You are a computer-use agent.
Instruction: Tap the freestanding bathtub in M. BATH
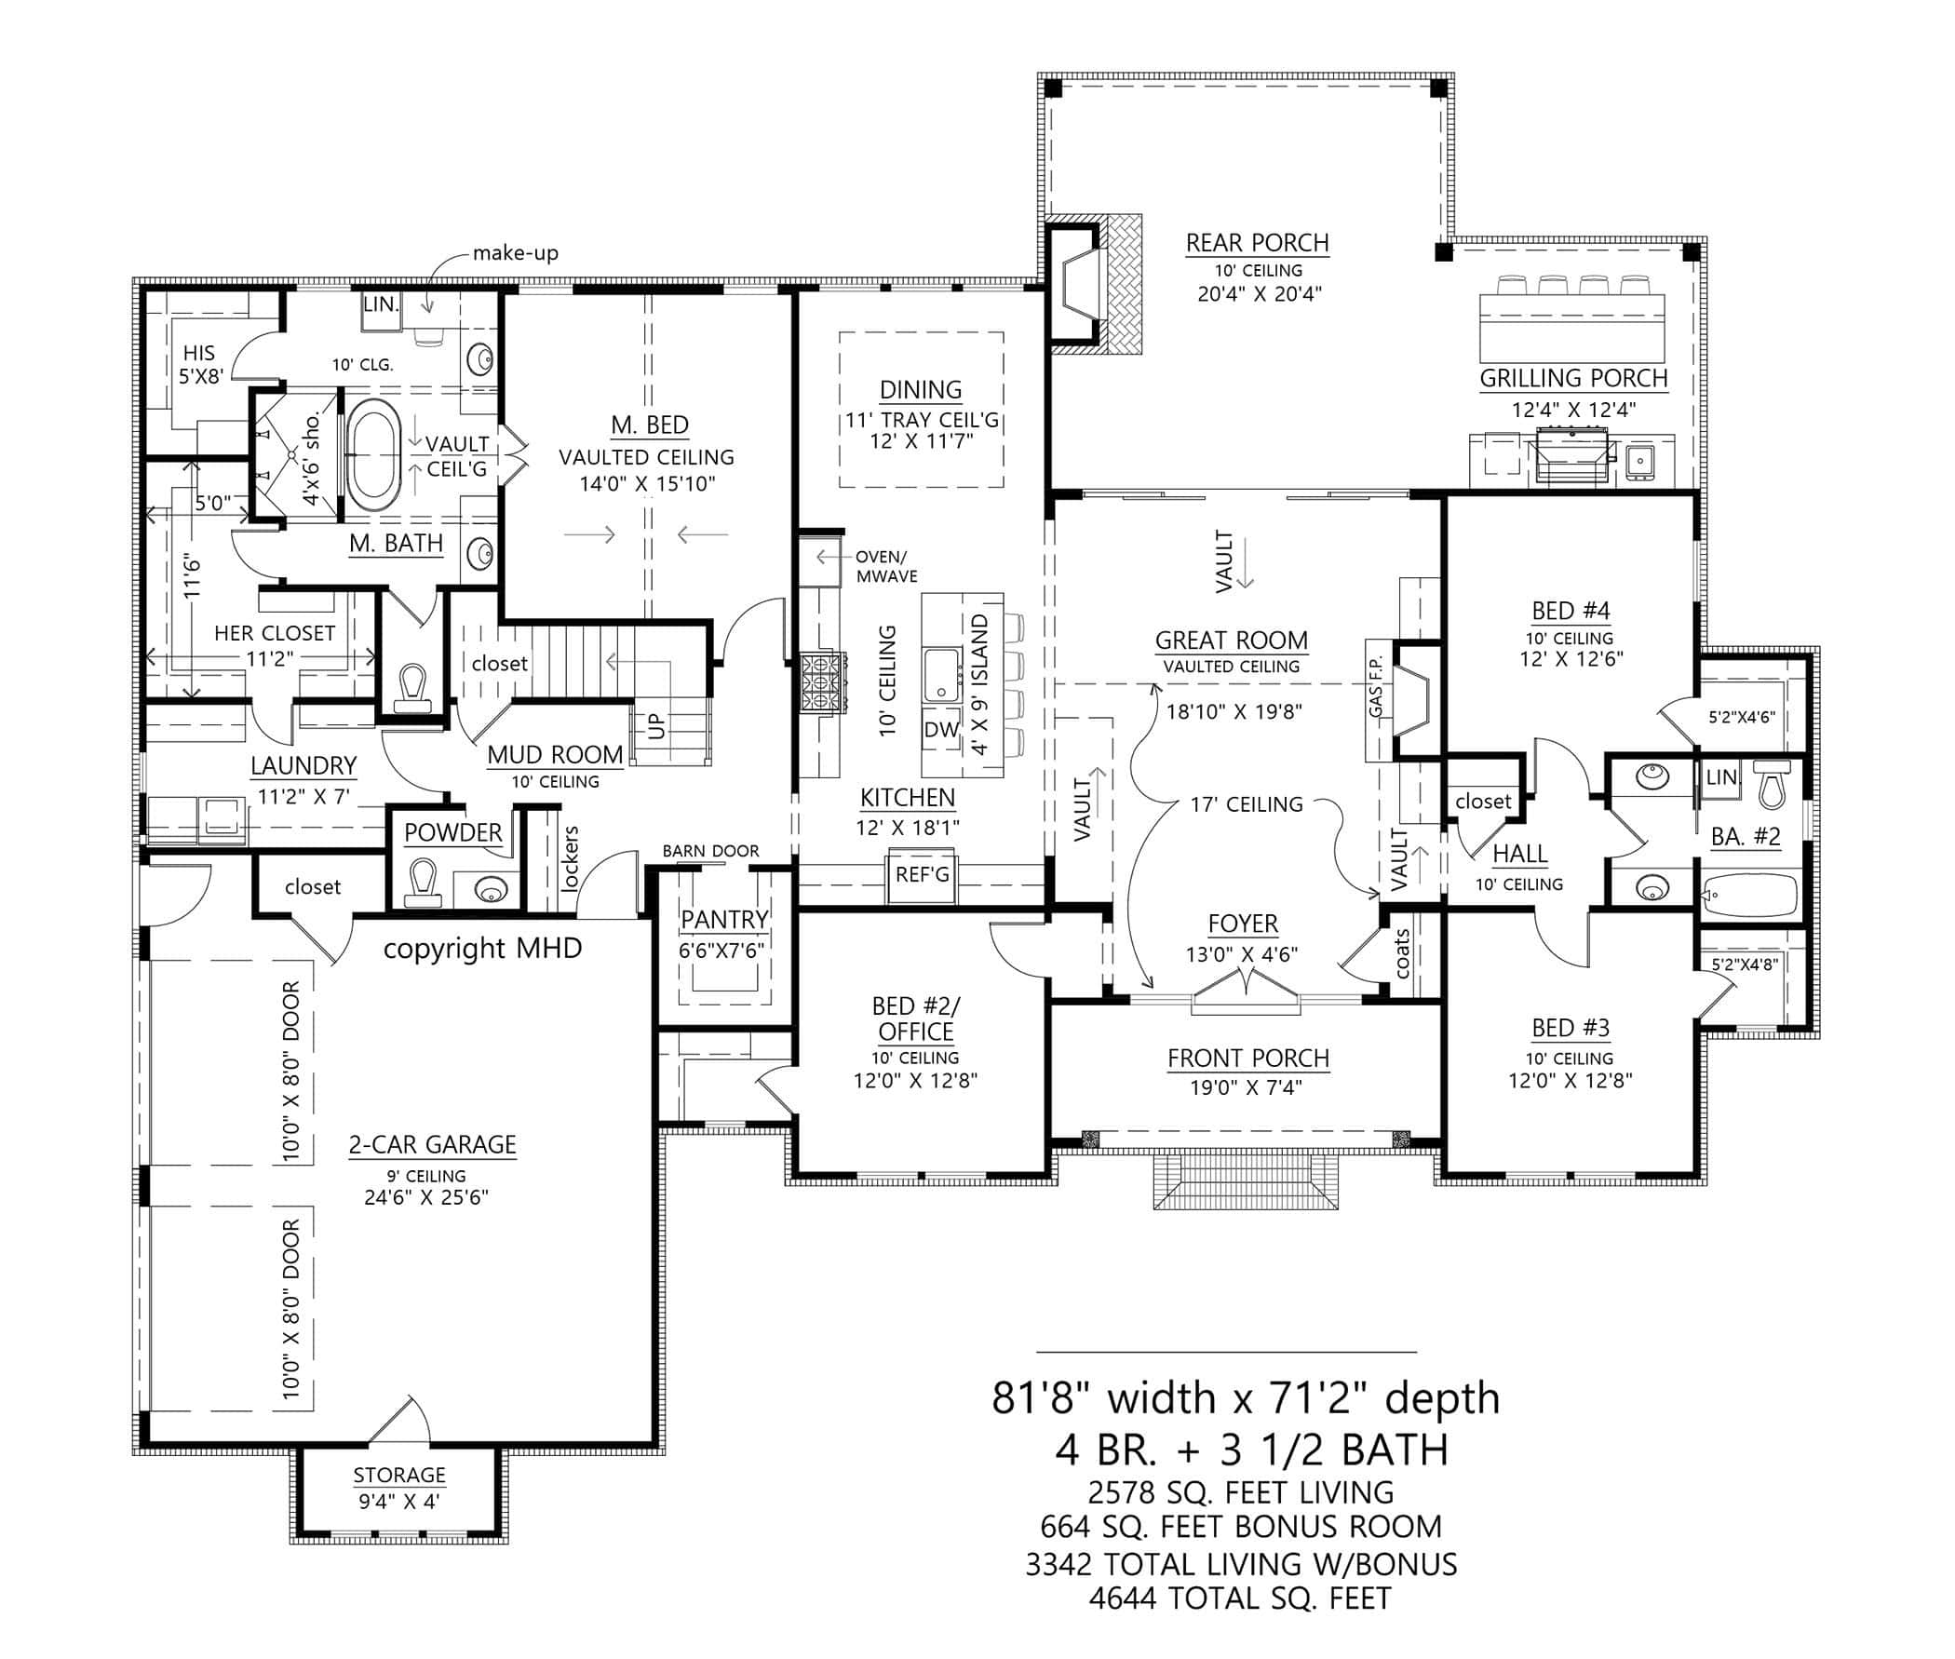(x=374, y=455)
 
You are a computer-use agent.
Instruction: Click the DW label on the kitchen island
(x=940, y=730)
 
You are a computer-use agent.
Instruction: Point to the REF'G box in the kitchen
(x=922, y=875)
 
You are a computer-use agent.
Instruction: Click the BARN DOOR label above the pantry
(x=710, y=851)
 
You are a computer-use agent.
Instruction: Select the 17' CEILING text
(x=1246, y=804)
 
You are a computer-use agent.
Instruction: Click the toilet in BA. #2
(x=1771, y=786)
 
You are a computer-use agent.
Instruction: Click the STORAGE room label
(x=398, y=1475)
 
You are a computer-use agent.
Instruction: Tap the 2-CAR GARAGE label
(x=432, y=1144)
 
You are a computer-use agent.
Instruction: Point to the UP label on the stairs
(x=656, y=725)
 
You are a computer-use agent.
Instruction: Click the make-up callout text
(x=516, y=253)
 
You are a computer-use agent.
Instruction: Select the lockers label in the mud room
(x=570, y=857)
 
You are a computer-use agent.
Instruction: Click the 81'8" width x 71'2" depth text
(x=1245, y=1398)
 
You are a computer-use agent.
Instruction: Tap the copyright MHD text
(x=482, y=948)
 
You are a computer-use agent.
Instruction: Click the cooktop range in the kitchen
(x=821, y=673)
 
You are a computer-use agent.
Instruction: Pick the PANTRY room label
(x=724, y=919)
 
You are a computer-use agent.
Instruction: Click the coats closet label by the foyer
(x=1402, y=952)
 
